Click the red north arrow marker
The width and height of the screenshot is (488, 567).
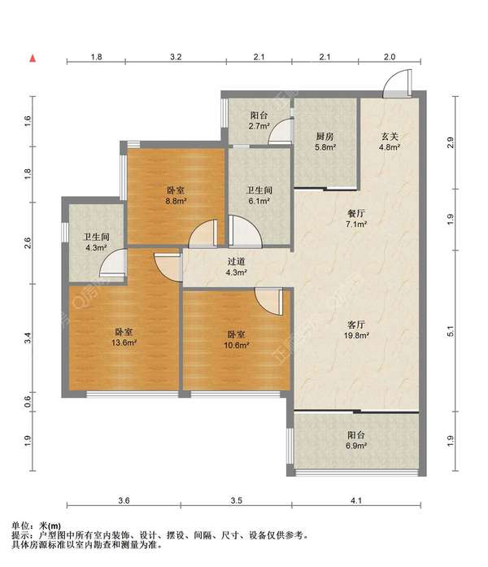tap(33, 59)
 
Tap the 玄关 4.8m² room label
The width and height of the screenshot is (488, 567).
tap(390, 142)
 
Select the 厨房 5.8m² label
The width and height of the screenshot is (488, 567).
tap(325, 142)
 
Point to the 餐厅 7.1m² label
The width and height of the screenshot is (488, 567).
tap(356, 219)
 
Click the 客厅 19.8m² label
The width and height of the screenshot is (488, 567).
tap(356, 329)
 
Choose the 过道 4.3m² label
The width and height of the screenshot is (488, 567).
tap(237, 267)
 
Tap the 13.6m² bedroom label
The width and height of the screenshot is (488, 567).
tap(124, 337)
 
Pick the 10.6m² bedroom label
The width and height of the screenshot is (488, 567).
tap(237, 339)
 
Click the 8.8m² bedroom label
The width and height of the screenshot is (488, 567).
tap(176, 195)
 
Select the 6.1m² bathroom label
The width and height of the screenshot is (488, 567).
tap(259, 195)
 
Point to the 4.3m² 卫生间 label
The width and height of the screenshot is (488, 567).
tap(96, 242)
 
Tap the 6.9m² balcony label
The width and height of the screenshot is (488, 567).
tap(356, 440)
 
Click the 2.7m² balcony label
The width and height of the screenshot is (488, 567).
tap(259, 120)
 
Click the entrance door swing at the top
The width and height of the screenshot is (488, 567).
tap(397, 83)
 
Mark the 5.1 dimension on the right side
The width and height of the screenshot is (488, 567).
tap(451, 331)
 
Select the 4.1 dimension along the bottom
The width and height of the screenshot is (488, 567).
tap(356, 500)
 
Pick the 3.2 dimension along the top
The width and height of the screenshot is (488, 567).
tap(176, 57)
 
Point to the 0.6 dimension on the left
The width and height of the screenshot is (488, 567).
tap(28, 401)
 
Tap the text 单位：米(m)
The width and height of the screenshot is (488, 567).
tap(36, 526)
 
